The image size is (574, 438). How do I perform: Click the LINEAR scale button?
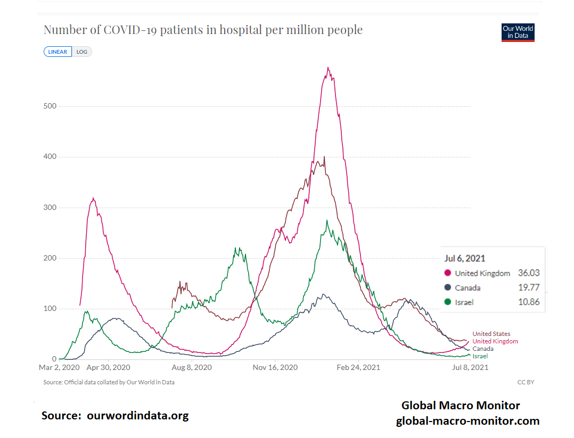coord(58,52)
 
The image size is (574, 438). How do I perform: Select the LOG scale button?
coord(82,52)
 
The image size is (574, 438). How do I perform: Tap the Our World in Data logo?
coord(518,32)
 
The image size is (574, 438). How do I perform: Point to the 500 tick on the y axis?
coord(50,106)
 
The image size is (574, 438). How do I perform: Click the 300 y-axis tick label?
coord(50,208)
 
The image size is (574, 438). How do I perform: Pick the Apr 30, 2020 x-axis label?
coord(108,367)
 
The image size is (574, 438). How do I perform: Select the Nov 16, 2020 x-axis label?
coord(275,367)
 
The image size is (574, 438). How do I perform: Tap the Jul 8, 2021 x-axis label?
coord(469,367)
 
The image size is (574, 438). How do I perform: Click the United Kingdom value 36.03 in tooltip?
coord(529,273)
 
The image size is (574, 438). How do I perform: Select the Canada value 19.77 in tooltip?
coord(529,288)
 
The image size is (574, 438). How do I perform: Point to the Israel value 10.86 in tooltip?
coord(529,302)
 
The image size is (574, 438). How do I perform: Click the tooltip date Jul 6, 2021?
coord(465,258)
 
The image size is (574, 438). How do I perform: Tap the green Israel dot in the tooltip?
coord(448,302)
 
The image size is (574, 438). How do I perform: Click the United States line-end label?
coord(491,334)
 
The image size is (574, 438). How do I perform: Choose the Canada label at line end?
coord(483,349)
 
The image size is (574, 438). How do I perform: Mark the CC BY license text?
coord(526,382)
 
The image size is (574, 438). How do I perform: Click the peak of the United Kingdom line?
coord(328,68)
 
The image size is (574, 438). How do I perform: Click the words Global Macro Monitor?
coord(461,406)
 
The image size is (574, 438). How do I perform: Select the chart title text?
coord(203,30)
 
